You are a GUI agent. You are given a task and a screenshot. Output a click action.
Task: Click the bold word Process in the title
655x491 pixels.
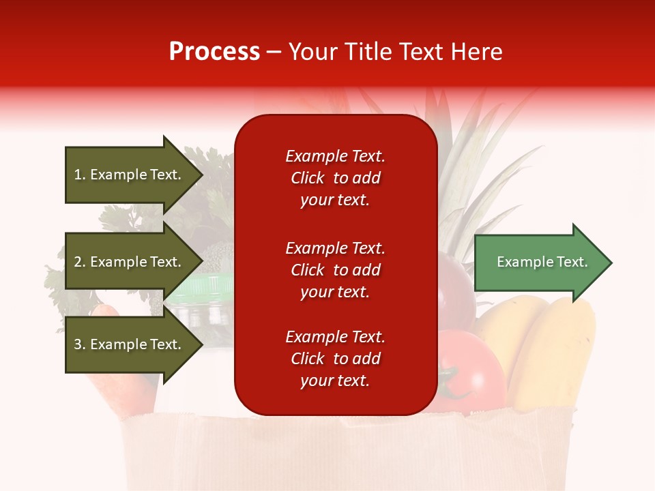point(214,52)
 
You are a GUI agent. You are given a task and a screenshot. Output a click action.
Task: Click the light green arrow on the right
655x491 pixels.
point(539,263)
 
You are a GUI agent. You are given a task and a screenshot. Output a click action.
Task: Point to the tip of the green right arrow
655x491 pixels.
point(610,263)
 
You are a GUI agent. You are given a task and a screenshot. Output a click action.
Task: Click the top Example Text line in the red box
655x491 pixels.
point(335,156)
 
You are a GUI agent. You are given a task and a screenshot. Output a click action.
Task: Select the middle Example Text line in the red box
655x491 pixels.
point(335,248)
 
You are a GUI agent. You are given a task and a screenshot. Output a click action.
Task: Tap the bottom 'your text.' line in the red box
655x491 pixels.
point(335,381)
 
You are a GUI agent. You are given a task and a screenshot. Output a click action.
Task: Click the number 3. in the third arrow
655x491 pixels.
point(79,344)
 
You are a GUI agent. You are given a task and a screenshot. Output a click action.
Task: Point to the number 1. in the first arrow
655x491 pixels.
point(79,175)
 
